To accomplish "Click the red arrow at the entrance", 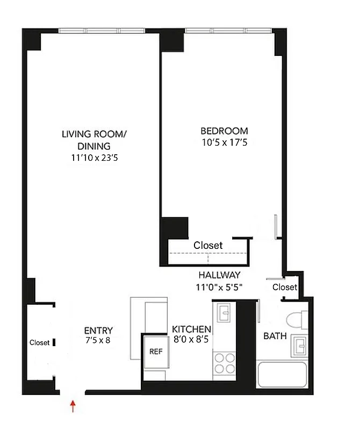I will click(73, 405).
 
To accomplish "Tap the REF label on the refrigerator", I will click(155, 352).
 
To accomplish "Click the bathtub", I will click(282, 376).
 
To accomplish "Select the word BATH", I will click(274, 337).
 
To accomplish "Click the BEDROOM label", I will click(224, 131).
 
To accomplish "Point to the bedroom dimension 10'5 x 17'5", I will click(224, 142).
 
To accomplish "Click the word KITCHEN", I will click(191, 329).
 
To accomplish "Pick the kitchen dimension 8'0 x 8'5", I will click(191, 340).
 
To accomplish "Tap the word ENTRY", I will click(98, 330).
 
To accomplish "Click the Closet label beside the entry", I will click(39, 342).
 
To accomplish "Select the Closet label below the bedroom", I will click(208, 245).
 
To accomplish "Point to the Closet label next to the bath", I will click(284, 287).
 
